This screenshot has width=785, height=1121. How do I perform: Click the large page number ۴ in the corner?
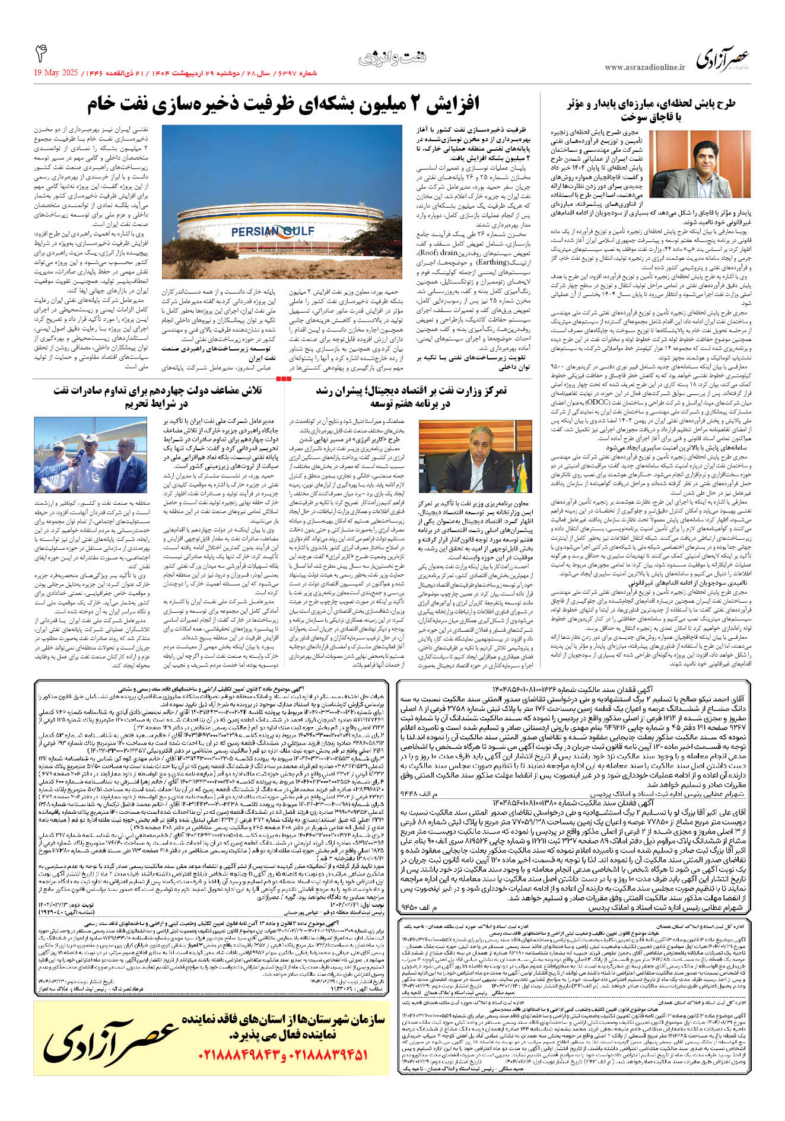click(41, 54)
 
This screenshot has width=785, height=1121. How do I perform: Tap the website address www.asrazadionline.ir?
click(644, 68)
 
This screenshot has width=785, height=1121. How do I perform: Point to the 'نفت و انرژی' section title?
click(392, 58)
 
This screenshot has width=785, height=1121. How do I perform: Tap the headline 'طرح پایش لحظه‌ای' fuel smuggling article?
click(651, 110)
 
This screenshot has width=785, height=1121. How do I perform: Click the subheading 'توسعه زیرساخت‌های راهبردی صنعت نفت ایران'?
click(218, 354)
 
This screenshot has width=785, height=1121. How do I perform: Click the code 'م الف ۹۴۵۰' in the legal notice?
click(427, 908)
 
